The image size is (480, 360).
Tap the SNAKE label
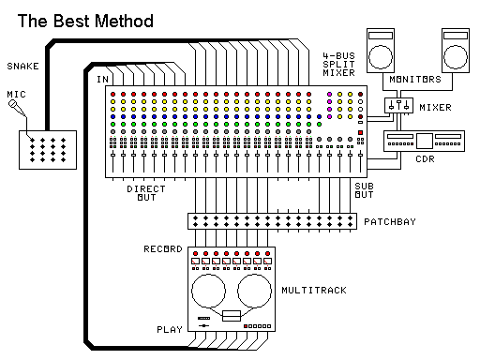[x=22, y=66]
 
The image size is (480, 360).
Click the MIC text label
[x=16, y=94]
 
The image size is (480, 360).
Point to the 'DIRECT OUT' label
[x=146, y=194]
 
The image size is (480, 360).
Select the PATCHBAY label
[x=389, y=222]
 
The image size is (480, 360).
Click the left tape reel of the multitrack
[x=210, y=293]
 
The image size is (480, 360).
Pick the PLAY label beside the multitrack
[x=169, y=330]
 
